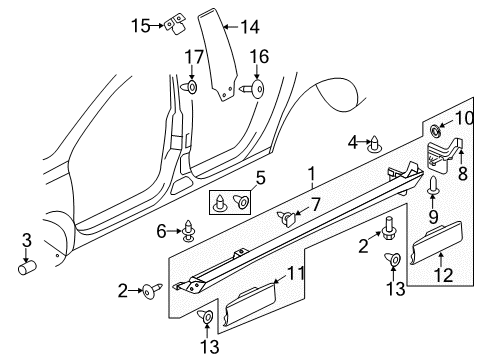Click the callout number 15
click(x=141, y=26)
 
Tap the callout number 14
click(x=250, y=27)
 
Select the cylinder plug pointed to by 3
click(x=27, y=267)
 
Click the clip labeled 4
click(x=374, y=144)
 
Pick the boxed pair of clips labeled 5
click(x=230, y=202)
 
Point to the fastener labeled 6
click(x=189, y=230)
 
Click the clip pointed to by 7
click(x=287, y=218)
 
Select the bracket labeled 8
click(x=445, y=155)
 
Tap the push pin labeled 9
click(x=433, y=185)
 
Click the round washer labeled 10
click(x=435, y=130)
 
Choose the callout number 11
click(x=296, y=273)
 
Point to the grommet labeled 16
click(x=252, y=88)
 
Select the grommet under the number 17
click(x=190, y=87)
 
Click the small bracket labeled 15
click(x=175, y=24)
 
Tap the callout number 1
click(x=312, y=174)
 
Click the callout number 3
click(x=27, y=241)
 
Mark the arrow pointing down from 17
click(x=192, y=72)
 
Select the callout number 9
click(x=433, y=217)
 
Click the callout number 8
click(x=463, y=173)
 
